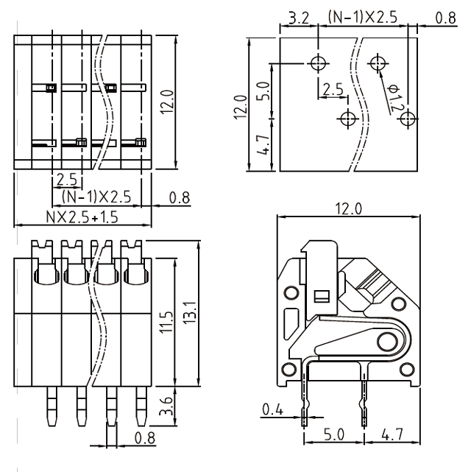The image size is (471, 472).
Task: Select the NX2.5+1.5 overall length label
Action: (x=82, y=217)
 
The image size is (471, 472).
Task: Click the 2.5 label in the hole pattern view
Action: (x=333, y=89)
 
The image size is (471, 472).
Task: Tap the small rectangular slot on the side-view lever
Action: (x=320, y=297)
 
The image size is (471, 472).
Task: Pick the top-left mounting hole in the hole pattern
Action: (x=318, y=63)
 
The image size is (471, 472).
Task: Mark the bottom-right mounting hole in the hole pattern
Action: (x=409, y=118)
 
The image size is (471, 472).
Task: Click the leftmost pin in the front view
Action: (x=50, y=407)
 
